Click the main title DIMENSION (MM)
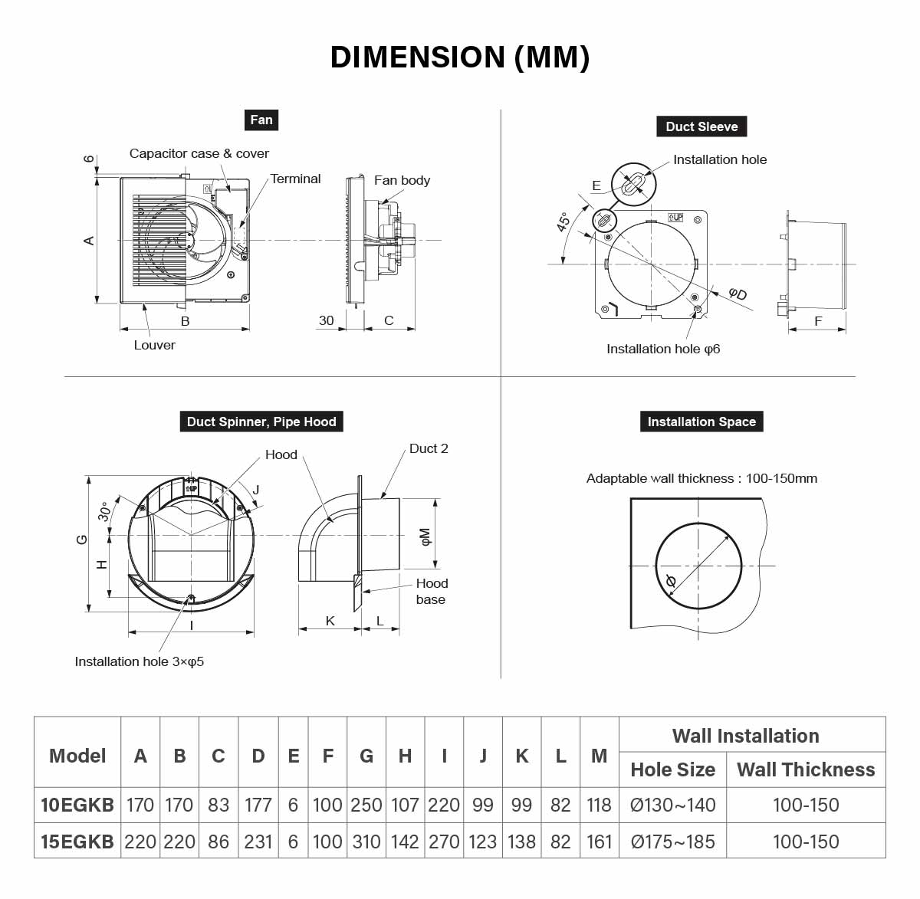[459, 57]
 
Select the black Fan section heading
[261, 120]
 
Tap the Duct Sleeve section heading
[701, 126]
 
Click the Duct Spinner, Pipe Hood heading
[261, 422]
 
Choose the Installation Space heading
[701, 422]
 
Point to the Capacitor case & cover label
[199, 153]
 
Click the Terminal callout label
[295, 179]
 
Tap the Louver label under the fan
[154, 345]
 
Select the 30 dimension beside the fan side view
[327, 320]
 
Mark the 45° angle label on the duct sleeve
[563, 222]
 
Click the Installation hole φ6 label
[663, 349]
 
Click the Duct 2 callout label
[429, 448]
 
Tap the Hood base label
[431, 592]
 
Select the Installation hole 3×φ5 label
[140, 661]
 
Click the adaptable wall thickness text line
[701, 478]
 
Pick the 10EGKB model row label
[77, 805]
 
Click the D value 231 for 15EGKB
[258, 842]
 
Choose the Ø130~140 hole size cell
[672, 805]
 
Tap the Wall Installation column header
[745, 736]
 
